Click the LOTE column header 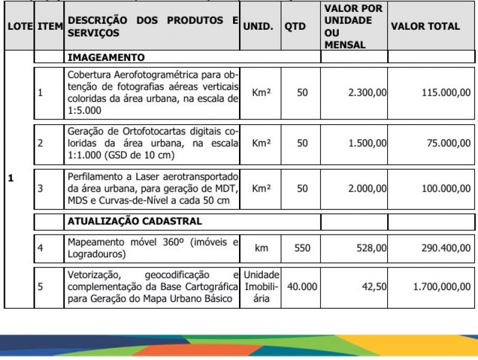pyautogui.click(x=19, y=27)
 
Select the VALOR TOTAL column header pyautogui.click(x=425, y=26)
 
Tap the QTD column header pyautogui.click(x=295, y=27)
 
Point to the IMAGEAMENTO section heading pyautogui.click(x=106, y=58)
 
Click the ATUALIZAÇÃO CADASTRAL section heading pyautogui.click(x=134, y=221)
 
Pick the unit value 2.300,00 pyautogui.click(x=367, y=93)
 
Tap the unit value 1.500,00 pyautogui.click(x=367, y=143)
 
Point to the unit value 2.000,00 pyautogui.click(x=367, y=188)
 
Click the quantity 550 pyautogui.click(x=302, y=247)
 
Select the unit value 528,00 pyautogui.click(x=372, y=247)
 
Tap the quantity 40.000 pyautogui.click(x=302, y=287)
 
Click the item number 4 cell pyautogui.click(x=41, y=247)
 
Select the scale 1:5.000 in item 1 pyautogui.click(x=84, y=110)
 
